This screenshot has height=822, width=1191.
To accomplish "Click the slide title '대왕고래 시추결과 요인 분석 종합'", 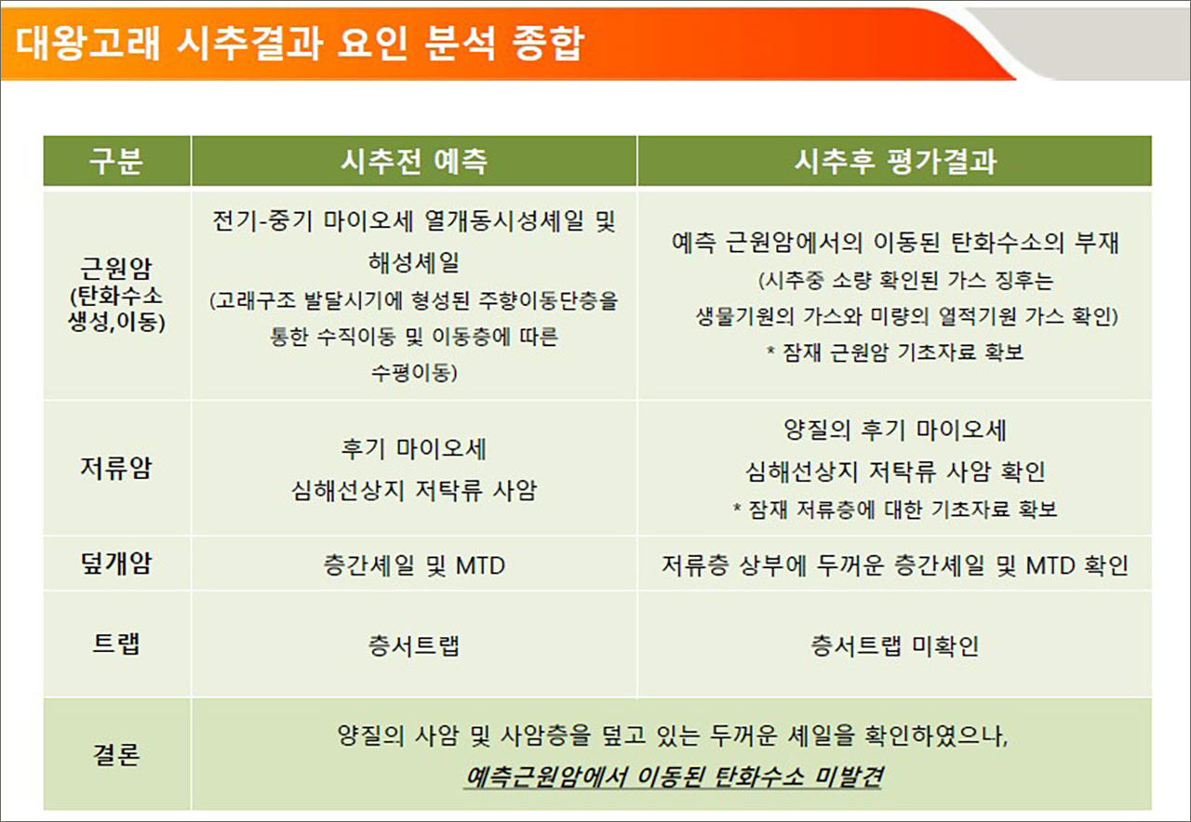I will click(x=300, y=42).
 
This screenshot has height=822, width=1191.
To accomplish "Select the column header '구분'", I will click(x=116, y=161).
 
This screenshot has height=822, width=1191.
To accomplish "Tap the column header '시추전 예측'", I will click(x=413, y=161).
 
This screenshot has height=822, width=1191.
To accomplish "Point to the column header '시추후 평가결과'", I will click(x=894, y=161).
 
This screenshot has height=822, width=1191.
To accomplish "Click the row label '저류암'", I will click(x=116, y=468).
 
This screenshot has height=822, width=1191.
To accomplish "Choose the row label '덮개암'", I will click(x=116, y=563).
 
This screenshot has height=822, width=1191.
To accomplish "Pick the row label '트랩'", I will click(x=116, y=644).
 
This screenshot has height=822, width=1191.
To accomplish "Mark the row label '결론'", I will click(x=116, y=754).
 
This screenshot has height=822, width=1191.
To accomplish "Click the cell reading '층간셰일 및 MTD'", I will click(x=413, y=564).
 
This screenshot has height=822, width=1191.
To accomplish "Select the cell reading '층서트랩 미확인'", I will click(x=894, y=645).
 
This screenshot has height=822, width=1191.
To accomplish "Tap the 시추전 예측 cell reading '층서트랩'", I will click(x=413, y=645).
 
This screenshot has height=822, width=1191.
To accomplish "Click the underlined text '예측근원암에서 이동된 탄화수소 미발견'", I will click(x=673, y=776).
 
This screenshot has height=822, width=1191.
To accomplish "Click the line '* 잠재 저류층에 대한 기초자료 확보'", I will click(x=894, y=510).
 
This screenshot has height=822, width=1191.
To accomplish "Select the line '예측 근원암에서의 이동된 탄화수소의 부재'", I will click(x=894, y=244).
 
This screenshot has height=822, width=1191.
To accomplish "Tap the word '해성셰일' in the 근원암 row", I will click(x=413, y=263).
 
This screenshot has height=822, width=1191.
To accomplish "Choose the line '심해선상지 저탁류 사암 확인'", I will click(x=894, y=471).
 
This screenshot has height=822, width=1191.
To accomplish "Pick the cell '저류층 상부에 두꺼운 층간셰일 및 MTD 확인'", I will click(x=894, y=564).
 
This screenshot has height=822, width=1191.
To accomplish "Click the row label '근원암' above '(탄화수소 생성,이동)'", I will click(x=116, y=271).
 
